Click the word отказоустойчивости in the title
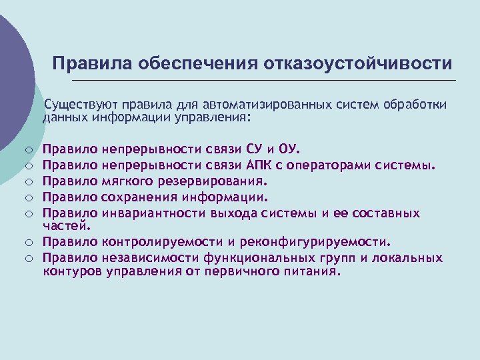point(358,63)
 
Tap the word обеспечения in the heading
point(198,63)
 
